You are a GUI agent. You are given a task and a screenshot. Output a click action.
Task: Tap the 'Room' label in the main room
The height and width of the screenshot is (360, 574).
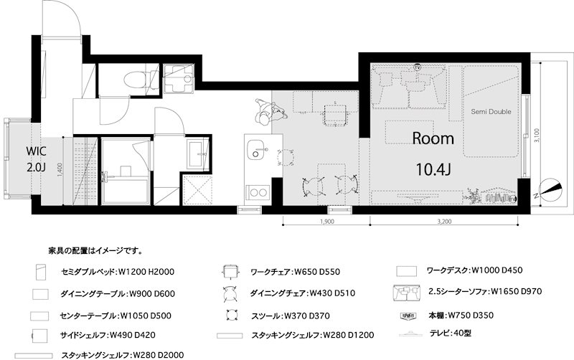pyautogui.click(x=433, y=138)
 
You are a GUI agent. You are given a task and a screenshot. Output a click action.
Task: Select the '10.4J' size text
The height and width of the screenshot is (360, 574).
pyautogui.click(x=433, y=169)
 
